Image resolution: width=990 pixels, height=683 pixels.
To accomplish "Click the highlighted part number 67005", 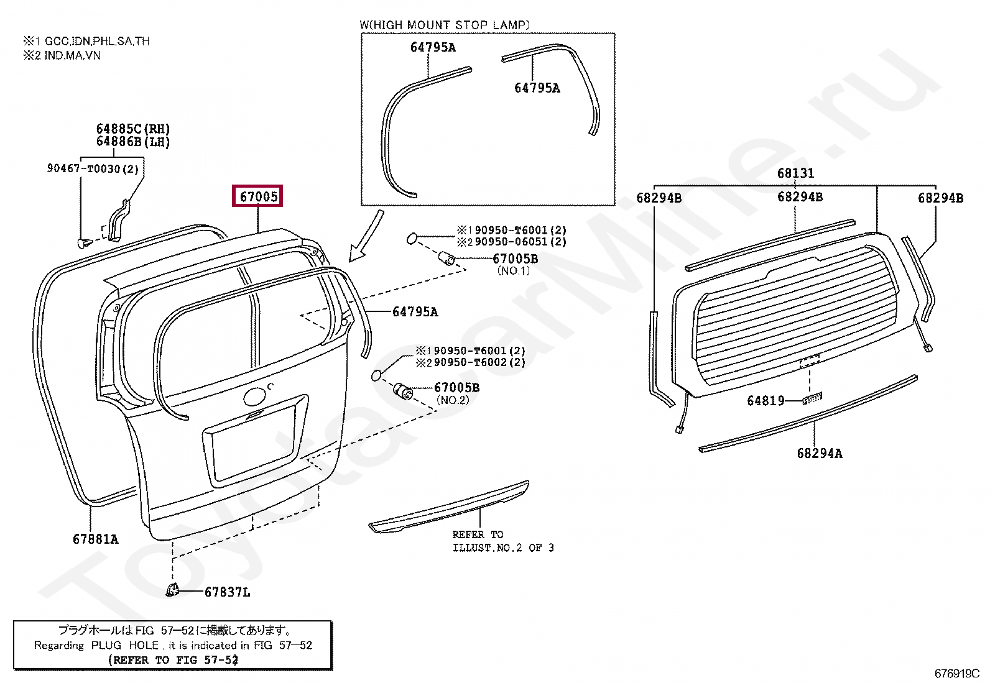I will click(258, 197).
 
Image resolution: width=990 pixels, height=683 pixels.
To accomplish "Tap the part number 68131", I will click(795, 173).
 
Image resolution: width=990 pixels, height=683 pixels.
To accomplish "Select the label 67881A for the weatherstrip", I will click(95, 539).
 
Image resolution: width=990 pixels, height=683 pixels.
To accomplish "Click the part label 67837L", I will click(227, 592).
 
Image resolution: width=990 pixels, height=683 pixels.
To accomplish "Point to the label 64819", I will click(766, 401).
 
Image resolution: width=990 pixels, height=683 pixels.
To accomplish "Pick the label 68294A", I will click(820, 454).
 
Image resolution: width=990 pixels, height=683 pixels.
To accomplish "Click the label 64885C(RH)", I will click(132, 129).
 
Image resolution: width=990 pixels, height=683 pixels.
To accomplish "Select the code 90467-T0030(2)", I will click(93, 168).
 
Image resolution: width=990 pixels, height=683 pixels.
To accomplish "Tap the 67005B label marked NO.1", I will click(515, 259).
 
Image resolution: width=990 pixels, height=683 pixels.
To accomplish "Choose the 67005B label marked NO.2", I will click(456, 388).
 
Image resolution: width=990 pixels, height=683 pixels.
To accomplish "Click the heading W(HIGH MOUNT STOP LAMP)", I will click(445, 25).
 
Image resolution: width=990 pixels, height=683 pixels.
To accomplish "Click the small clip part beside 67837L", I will click(172, 590).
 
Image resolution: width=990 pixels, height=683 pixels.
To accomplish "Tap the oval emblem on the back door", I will click(254, 397).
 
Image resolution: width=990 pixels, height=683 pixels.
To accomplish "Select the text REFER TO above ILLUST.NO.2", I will click(478, 534).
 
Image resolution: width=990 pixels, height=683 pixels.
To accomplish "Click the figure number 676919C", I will click(956, 674).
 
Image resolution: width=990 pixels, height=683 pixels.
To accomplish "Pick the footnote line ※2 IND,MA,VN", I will click(62, 55).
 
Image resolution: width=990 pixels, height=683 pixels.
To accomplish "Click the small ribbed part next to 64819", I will click(812, 398).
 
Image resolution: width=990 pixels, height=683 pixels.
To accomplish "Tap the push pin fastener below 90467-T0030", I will click(82, 242).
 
